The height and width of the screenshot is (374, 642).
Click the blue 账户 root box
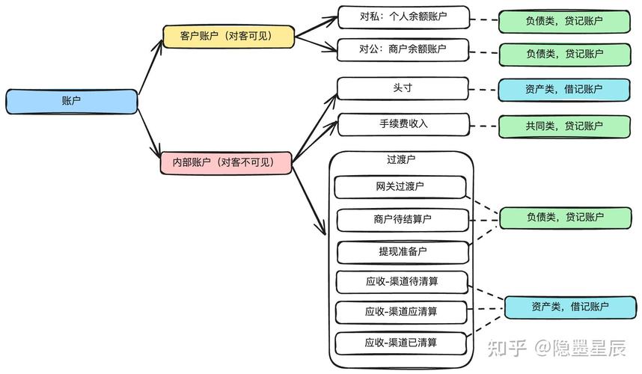(72, 102)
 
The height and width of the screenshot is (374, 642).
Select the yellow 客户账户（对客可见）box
(228, 37)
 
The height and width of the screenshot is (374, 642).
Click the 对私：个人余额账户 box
(403, 16)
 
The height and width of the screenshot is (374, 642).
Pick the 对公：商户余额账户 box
(403, 49)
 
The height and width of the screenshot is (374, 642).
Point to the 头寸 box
(403, 88)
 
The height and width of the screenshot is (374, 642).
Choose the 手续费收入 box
(403, 124)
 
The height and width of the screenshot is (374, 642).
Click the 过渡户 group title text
(401, 159)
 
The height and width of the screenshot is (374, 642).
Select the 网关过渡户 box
(400, 186)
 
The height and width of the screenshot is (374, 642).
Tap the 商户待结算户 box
(403, 220)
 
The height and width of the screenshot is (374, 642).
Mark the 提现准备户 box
(403, 252)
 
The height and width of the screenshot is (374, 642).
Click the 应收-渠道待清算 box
(402, 282)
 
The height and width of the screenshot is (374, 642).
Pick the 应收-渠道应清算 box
(402, 311)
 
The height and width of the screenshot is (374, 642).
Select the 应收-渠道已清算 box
(402, 343)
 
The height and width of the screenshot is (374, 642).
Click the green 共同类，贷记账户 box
(563, 126)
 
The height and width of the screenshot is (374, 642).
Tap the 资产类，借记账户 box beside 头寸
(563, 90)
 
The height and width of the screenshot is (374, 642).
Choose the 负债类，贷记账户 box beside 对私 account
(563, 21)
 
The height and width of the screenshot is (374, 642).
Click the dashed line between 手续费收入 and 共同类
(484, 126)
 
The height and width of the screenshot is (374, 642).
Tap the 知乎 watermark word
(506, 348)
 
